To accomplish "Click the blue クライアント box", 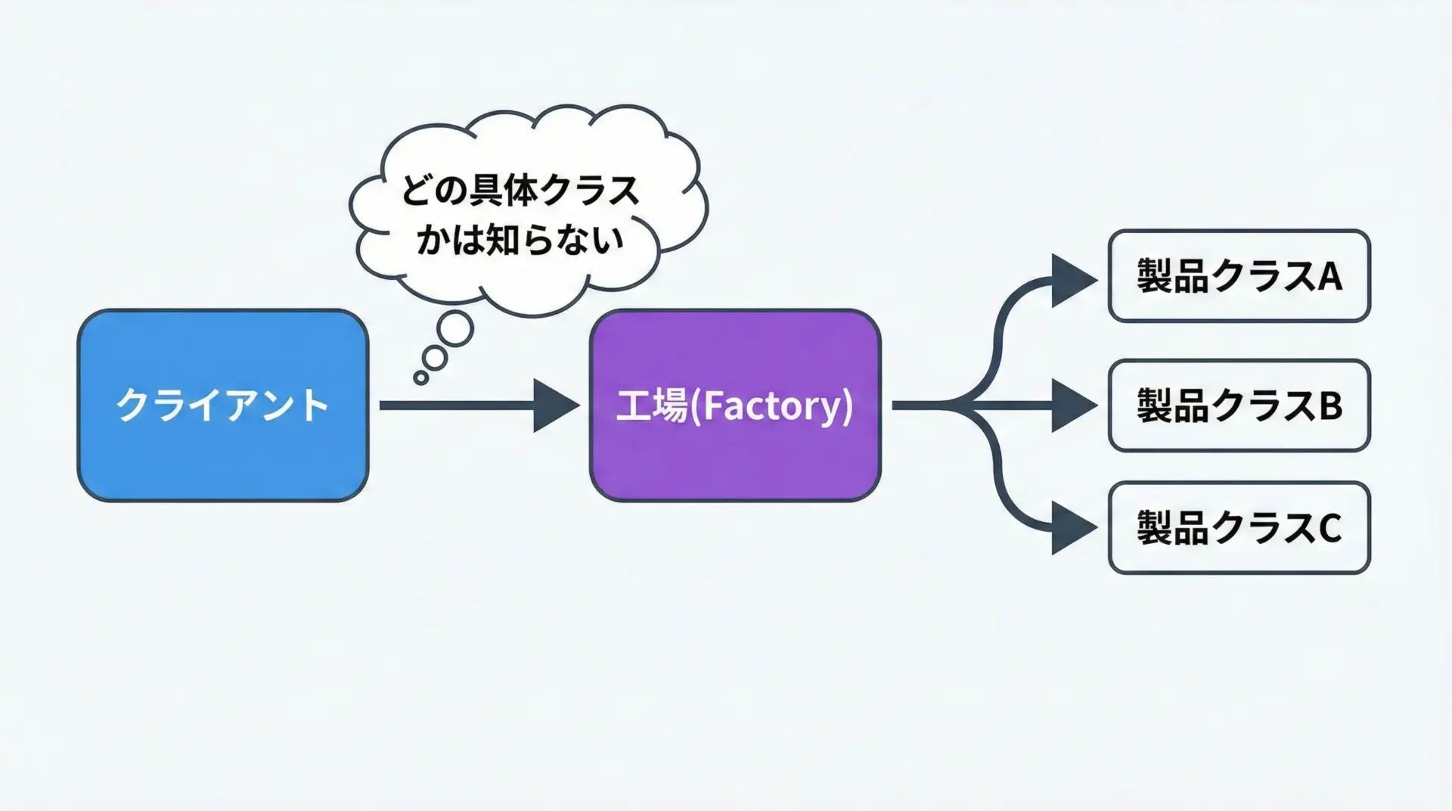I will pyautogui.click(x=222, y=405).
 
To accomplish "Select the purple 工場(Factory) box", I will pyautogui.click(x=734, y=405).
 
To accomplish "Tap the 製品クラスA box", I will pyautogui.click(x=1239, y=276).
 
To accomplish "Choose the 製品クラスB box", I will pyautogui.click(x=1239, y=405).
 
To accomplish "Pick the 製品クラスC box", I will pyautogui.click(x=1239, y=527).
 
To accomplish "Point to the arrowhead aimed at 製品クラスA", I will pyautogui.click(x=1072, y=280).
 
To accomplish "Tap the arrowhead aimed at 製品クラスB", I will pyautogui.click(x=1072, y=405).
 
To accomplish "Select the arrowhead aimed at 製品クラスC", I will pyautogui.click(x=1072, y=529).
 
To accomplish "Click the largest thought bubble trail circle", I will pyautogui.click(x=455, y=329).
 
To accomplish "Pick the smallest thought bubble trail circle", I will pyautogui.click(x=421, y=378).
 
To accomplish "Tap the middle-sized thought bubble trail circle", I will pyautogui.click(x=435, y=356).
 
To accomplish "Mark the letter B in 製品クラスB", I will pyautogui.click(x=1330, y=406).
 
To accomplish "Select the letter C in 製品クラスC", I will pyautogui.click(x=1330, y=528).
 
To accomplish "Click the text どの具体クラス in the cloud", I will pyautogui.click(x=520, y=191).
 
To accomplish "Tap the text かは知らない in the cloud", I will pyautogui.click(x=520, y=240).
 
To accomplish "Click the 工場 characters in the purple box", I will pyautogui.click(x=651, y=406).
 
